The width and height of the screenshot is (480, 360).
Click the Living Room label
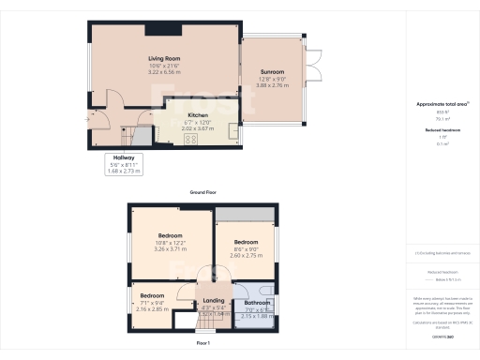point(162,59)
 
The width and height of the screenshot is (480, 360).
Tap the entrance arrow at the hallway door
point(92,118)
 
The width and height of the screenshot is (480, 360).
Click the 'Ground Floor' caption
point(203,191)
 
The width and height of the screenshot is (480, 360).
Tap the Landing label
point(214,301)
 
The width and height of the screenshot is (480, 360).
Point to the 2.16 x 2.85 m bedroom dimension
point(152,308)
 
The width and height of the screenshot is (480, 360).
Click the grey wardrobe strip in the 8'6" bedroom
point(245,215)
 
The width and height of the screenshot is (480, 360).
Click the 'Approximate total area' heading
point(440,104)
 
